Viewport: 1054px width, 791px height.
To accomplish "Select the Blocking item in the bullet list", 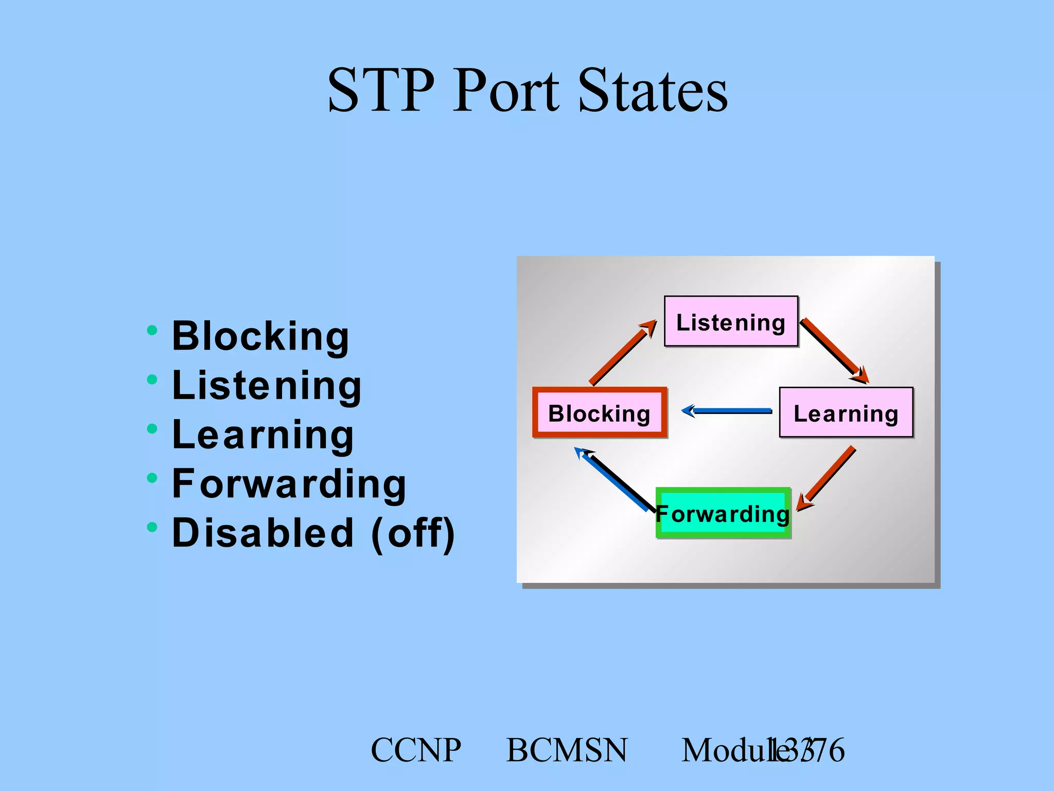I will [x=260, y=336].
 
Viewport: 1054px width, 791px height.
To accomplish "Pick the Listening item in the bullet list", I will [x=267, y=385].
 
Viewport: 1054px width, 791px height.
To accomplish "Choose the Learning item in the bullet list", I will [x=262, y=435].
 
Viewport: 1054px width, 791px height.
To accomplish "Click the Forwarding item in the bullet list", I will [x=289, y=484].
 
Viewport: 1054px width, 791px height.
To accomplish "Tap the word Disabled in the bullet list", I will [x=263, y=532].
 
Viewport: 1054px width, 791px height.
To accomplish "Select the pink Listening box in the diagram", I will [x=731, y=322].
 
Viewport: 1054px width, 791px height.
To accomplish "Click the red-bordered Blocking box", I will [x=600, y=413].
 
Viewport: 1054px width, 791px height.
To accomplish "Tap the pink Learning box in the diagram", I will [x=846, y=413].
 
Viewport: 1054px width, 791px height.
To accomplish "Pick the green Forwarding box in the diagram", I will [x=723, y=513].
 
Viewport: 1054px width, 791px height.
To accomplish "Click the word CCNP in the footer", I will [x=416, y=750].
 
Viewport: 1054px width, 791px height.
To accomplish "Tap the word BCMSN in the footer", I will [x=567, y=750].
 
